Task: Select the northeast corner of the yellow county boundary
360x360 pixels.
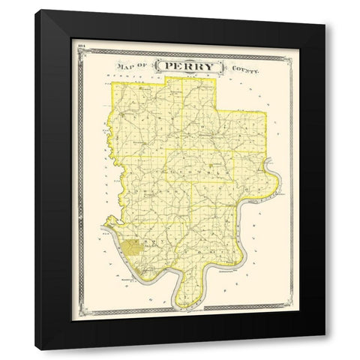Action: click(x=265, y=112)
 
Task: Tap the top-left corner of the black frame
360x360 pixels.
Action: click(x=35, y=10)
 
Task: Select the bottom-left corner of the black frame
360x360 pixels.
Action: click(x=35, y=350)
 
